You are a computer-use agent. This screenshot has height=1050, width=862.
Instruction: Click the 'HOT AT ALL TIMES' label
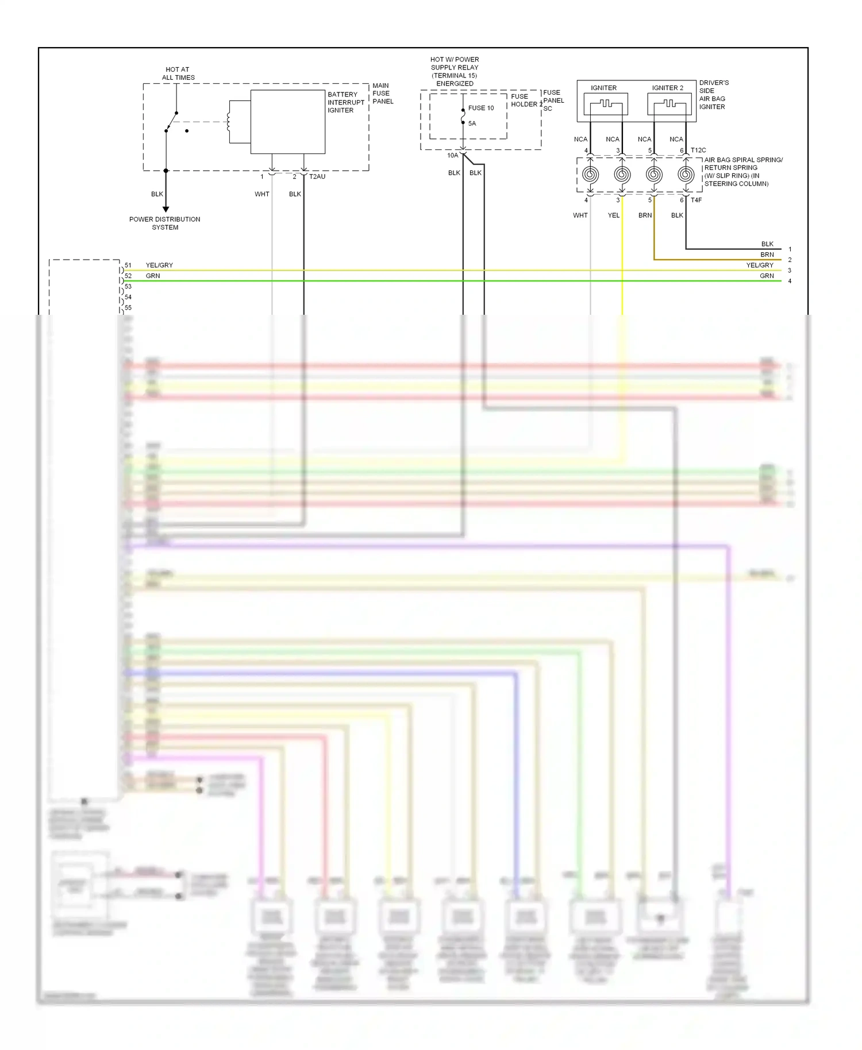click(178, 74)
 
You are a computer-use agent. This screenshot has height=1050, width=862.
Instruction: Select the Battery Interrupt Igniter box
click(287, 122)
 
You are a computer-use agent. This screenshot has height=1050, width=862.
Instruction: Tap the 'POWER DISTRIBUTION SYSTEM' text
click(165, 223)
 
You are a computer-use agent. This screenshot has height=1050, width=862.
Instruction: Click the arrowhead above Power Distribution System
click(166, 209)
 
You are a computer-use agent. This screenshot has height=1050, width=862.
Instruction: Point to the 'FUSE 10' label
click(481, 108)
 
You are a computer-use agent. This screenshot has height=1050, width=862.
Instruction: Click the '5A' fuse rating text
click(472, 123)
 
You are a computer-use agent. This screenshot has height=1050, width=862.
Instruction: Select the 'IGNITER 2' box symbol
click(669, 105)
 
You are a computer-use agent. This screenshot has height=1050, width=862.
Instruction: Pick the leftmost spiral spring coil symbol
click(590, 174)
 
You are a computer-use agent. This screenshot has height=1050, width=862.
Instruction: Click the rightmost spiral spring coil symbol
click(686, 174)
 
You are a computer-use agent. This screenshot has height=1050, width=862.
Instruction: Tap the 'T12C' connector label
click(698, 150)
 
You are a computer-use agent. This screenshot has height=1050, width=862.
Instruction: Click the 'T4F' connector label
click(696, 200)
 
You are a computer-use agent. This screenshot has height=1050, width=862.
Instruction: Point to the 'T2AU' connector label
click(317, 177)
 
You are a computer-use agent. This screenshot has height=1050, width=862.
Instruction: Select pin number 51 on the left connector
click(128, 265)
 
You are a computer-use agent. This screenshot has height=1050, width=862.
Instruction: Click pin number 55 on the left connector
click(128, 308)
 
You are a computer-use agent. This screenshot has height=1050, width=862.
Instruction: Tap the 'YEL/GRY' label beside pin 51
click(159, 265)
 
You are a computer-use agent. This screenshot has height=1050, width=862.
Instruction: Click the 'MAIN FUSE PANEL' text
click(382, 94)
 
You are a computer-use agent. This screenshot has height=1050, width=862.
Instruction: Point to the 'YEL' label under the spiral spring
click(614, 215)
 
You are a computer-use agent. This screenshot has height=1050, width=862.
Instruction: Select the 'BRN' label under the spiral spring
click(645, 215)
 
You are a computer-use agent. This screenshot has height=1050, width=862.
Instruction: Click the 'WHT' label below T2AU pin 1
click(262, 194)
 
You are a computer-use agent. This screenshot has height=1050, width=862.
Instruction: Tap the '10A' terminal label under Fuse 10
click(453, 156)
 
